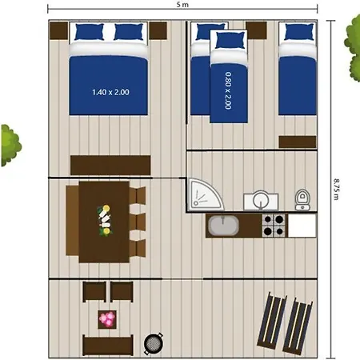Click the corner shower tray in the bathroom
[x=200, y=193]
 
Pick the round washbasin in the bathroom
[x=258, y=199]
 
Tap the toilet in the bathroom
[x=302, y=198]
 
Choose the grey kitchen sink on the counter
[x=223, y=226]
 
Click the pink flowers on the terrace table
[x=107, y=319]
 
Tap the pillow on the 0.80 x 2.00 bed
[x=229, y=41]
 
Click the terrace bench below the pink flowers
[x=107, y=346]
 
